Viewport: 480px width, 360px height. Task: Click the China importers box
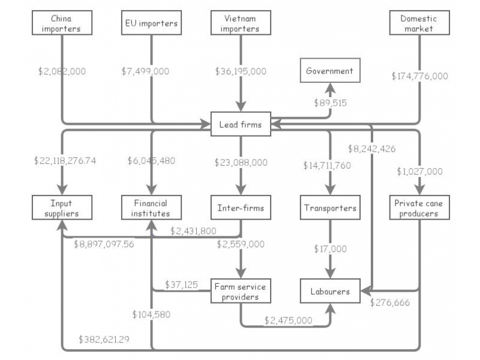coord(61,23)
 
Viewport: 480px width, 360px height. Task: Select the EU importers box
coord(151,23)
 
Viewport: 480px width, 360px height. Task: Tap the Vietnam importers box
coord(241,23)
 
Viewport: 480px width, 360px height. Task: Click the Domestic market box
coord(418,23)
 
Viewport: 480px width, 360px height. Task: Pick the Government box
coord(329,71)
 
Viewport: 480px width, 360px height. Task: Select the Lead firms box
coord(241,124)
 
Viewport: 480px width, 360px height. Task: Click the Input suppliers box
coord(61,208)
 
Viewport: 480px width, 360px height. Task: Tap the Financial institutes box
coord(151,208)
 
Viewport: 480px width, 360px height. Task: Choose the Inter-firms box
coord(241,208)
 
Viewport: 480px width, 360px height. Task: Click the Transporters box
coord(329,208)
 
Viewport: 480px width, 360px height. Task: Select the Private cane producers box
coord(418,208)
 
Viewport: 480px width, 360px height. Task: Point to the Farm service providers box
coord(241,292)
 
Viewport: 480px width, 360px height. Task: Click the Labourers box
coord(329,292)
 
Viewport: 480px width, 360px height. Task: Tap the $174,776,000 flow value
coord(419,76)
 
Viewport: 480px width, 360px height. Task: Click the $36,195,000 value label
coord(241,71)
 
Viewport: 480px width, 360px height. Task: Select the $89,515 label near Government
coord(330,103)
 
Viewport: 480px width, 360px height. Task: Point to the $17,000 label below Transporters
coord(330,248)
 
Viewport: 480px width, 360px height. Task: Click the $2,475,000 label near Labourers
coord(288,320)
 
